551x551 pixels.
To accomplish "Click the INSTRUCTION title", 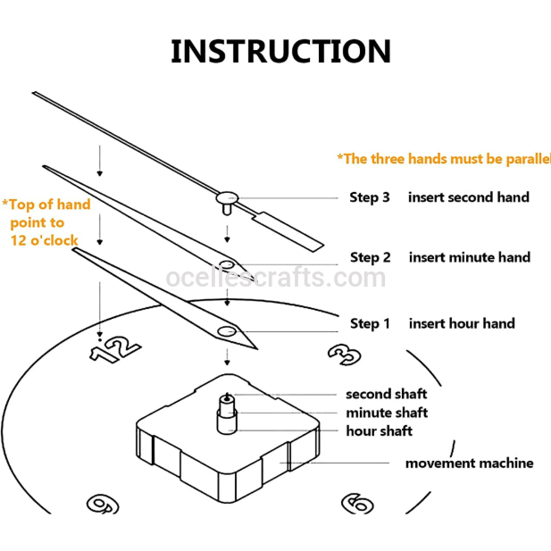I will (280, 51).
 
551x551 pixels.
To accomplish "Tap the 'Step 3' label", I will (369, 197).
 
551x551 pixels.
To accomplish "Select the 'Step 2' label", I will (370, 257).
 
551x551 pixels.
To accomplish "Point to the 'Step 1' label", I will (370, 323).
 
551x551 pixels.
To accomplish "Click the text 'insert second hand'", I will (468, 197).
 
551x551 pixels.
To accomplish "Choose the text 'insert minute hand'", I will (469, 257).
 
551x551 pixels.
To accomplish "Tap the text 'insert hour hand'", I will (462, 323).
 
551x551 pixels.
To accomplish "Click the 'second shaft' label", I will (386, 394).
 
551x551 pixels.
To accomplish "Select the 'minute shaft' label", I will (387, 413).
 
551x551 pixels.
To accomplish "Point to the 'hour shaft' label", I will (379, 431).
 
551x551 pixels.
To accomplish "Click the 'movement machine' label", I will (469, 463).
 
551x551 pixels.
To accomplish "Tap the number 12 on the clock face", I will (116, 348).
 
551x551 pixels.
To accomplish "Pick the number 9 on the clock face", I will (104, 504).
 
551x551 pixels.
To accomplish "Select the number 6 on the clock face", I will (357, 504).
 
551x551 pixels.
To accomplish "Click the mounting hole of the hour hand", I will (227, 332).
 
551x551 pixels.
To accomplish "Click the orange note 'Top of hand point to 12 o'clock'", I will (46, 222).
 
